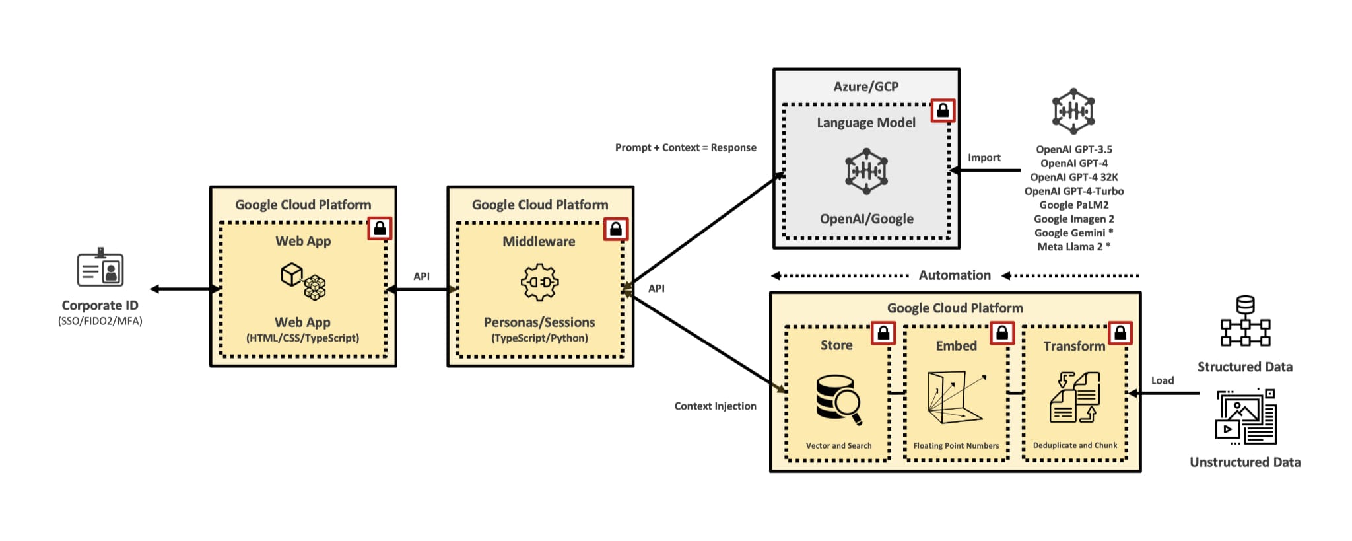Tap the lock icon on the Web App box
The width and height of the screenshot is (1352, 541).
point(380,229)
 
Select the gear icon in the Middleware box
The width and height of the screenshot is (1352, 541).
point(539,282)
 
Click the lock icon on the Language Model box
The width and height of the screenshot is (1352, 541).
point(943,110)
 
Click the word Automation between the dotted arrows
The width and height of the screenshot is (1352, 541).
point(955,275)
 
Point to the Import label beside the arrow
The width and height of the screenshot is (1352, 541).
point(984,158)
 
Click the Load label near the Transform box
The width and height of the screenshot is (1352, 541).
point(1163,380)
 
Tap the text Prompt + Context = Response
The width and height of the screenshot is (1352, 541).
point(685,148)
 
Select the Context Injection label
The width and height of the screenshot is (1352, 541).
point(715,406)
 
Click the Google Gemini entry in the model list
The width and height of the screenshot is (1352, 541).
point(1073,233)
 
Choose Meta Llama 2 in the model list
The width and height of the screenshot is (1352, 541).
point(1073,247)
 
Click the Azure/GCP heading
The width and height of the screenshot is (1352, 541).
point(865,87)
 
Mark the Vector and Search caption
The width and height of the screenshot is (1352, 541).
point(838,446)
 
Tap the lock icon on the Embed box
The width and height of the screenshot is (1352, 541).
point(1001,334)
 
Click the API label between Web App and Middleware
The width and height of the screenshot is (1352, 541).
point(421,277)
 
